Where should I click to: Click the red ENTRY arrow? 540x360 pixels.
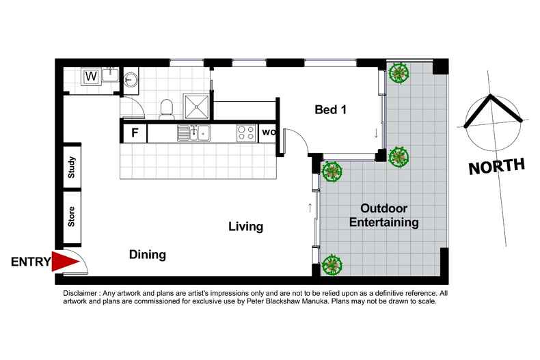66,262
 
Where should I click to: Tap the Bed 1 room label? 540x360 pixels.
331,109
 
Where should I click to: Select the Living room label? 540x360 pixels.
245,227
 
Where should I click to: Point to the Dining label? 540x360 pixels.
148,255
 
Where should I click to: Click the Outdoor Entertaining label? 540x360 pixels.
383,215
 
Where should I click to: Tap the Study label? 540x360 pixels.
72,168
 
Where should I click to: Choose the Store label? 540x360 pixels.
72,217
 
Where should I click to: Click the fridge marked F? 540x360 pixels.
135,133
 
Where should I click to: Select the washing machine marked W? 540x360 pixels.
90,77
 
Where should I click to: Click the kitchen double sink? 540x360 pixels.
193,132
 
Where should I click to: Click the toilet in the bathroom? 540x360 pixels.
165,107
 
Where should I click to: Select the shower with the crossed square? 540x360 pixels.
199,106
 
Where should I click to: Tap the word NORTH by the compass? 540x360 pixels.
497,165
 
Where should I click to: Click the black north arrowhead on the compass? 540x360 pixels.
492,109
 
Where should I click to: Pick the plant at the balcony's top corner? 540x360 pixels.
397,73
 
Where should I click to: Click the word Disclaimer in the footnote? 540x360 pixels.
81,292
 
